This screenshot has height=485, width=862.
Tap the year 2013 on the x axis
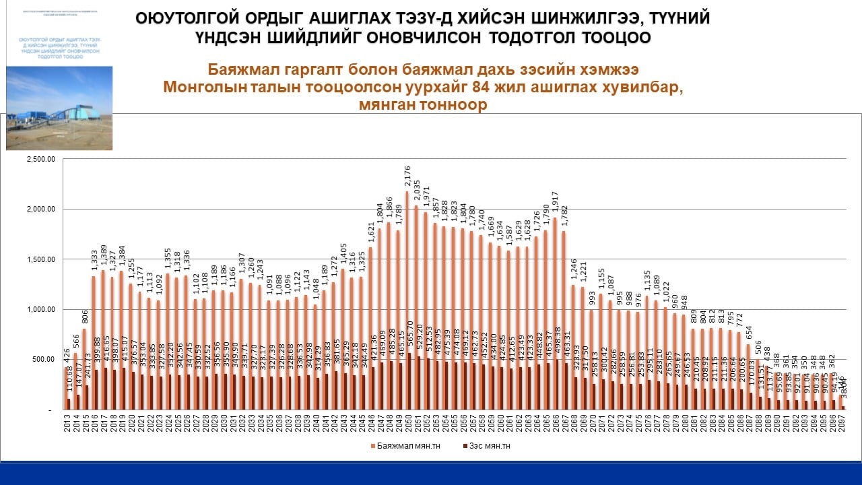tap(67, 424)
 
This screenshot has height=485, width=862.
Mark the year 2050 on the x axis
tap(407, 424)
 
